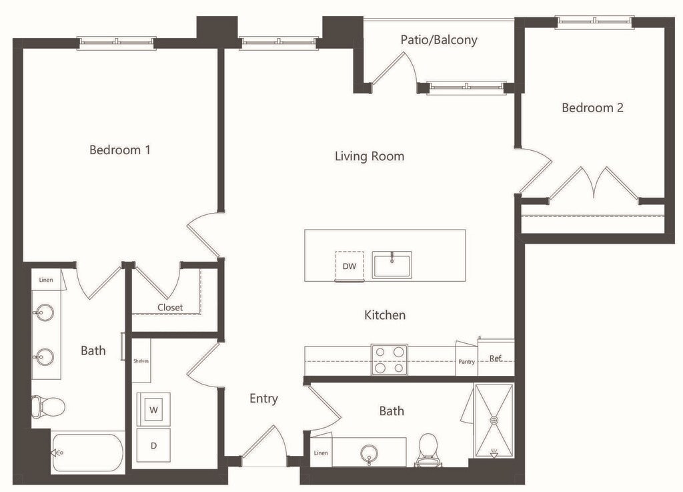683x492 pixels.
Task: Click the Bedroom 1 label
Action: click(x=120, y=150)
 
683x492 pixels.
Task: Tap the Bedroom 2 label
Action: click(x=592, y=107)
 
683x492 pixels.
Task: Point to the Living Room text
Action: click(x=370, y=156)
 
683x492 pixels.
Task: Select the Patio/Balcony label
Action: click(x=439, y=39)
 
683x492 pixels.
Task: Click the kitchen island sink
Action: click(x=392, y=264)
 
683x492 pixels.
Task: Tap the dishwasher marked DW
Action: click(x=350, y=266)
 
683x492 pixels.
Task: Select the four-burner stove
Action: click(x=390, y=360)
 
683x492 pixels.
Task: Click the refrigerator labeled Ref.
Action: click(x=496, y=357)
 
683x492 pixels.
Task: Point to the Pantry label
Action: click(x=466, y=362)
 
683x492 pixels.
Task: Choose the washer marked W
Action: click(x=153, y=410)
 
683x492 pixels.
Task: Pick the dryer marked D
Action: click(x=153, y=445)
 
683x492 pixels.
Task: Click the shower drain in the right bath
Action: click(x=494, y=420)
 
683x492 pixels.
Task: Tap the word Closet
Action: click(x=170, y=307)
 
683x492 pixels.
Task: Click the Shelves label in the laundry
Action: click(x=141, y=361)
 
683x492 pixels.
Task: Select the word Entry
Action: click(x=263, y=399)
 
